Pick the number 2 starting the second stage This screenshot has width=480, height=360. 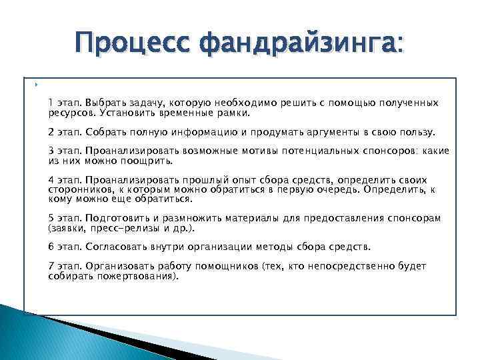coord(51,131)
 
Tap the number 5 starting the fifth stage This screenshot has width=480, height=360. coord(51,219)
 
